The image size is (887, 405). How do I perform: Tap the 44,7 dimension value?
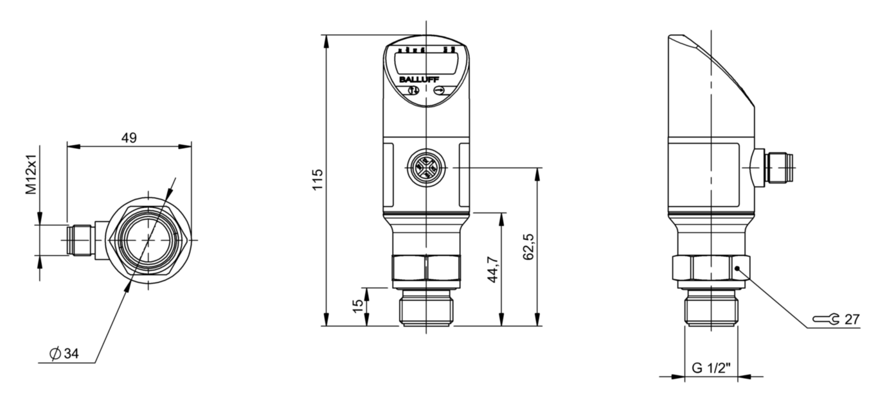click(x=494, y=268)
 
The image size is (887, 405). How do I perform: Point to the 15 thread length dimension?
click(x=359, y=306)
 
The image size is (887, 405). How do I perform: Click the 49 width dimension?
click(x=129, y=137)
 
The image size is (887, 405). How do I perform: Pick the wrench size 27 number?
click(x=852, y=319)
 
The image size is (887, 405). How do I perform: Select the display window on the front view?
click(x=425, y=63)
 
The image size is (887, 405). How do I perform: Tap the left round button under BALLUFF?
click(x=411, y=92)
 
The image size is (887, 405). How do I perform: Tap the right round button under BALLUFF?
click(x=440, y=92)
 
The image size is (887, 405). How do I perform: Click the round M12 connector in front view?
click(x=426, y=168)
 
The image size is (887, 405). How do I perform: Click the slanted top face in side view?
click(x=713, y=64)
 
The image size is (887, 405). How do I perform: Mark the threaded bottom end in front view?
click(x=426, y=309)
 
